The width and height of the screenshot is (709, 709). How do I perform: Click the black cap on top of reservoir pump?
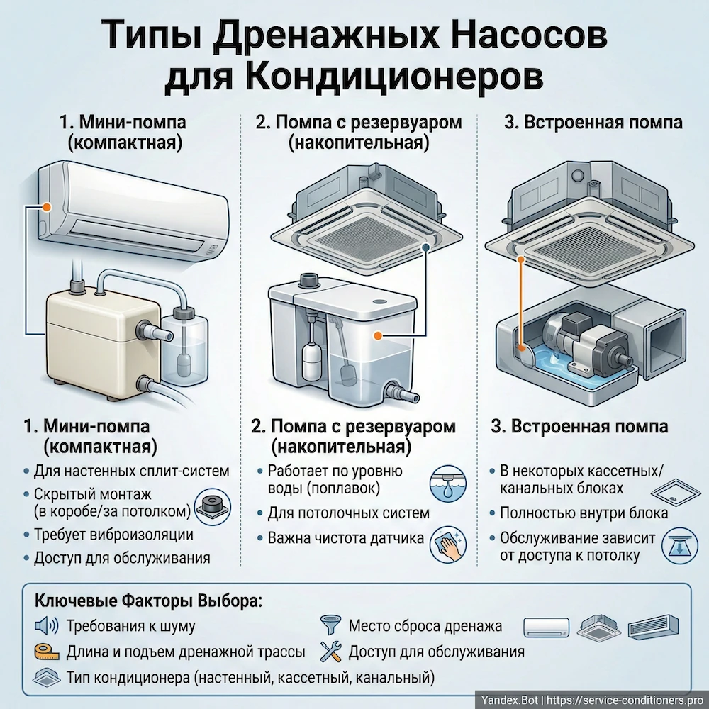point(310,280)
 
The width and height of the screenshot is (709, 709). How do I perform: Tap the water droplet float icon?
point(445,483)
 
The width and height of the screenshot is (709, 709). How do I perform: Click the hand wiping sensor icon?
point(445,543)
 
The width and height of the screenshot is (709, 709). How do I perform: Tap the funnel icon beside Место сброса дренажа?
point(328,625)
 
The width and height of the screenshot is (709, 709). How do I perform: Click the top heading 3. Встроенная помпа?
point(593,122)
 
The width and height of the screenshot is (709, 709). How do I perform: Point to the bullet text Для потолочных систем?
point(348,513)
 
